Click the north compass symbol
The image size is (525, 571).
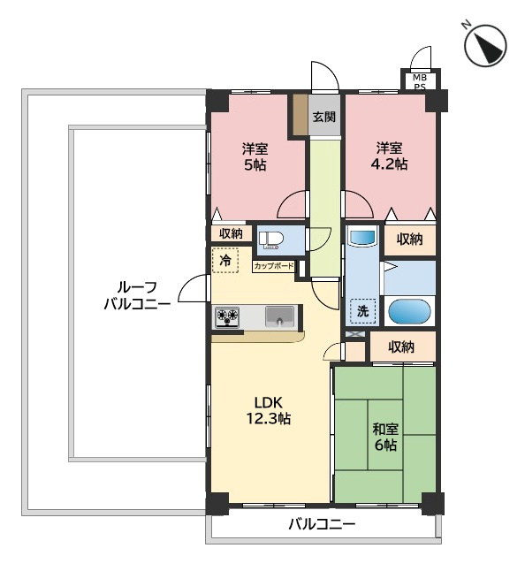click(485, 45)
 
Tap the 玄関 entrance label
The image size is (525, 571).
click(324, 117)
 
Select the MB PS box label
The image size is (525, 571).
click(420, 82)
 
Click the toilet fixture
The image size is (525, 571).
click(271, 240)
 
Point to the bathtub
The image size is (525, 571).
click(409, 312)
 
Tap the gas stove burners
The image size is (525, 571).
click(227, 316)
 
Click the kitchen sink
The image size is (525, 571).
click(279, 316)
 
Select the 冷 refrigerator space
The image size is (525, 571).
click(225, 260)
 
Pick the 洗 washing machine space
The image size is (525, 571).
click(362, 311)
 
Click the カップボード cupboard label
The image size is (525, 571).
click(273, 266)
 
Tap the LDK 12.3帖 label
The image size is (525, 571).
click(269, 410)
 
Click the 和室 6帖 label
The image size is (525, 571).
click(385, 437)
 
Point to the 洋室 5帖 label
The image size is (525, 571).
click(255, 157)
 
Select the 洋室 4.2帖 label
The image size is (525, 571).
click(389, 156)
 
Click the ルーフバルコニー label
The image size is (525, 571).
click(137, 295)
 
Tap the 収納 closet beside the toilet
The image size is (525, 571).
click(231, 233)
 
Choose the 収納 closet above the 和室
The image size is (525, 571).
click(403, 346)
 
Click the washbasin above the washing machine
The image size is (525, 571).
click(362, 237)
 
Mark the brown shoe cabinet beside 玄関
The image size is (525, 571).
click(301, 115)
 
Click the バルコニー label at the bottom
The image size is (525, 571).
click(323, 524)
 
